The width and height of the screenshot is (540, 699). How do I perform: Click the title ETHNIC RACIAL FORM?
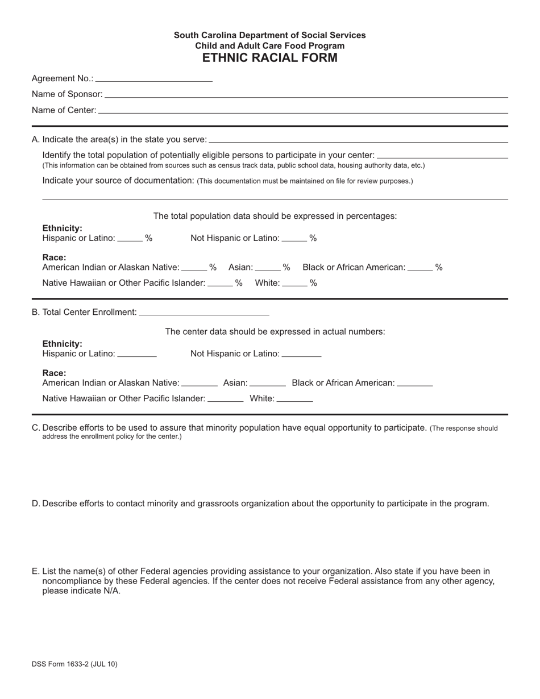[269, 57]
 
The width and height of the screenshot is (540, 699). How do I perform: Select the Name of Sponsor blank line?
[306, 94]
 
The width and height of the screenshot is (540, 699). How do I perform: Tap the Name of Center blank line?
[302, 110]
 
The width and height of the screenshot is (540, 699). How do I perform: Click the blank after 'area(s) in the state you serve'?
[358, 139]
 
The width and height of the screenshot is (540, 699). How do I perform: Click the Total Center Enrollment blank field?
[203, 312]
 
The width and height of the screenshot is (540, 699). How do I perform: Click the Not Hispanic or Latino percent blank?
[294, 239]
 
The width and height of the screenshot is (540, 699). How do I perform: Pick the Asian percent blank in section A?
[268, 268]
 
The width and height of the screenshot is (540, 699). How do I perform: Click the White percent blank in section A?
[294, 283]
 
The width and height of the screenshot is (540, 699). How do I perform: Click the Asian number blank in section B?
[267, 384]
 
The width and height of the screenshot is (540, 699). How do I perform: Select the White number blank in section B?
[294, 399]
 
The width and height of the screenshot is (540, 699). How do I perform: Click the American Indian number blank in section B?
[199, 384]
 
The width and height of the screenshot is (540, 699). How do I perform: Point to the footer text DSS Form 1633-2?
[74, 664]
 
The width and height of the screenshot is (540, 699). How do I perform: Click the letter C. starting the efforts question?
[36, 428]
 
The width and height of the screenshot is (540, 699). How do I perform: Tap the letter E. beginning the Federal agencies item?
[36, 571]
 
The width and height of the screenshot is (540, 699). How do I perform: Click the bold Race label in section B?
[54, 373]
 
